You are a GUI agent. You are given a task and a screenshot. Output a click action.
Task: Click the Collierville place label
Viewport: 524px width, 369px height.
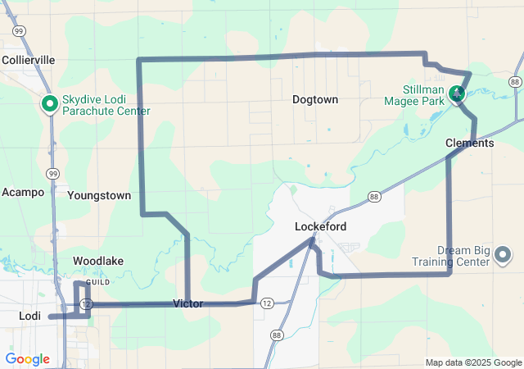pos(28,60)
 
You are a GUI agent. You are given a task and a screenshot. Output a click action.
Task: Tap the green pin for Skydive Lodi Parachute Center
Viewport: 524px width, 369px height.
pos(49,103)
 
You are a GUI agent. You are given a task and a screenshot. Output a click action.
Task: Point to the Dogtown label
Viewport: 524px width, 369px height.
pos(315,99)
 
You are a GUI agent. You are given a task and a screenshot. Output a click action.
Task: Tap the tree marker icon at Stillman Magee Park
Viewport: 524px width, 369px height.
pos(458,95)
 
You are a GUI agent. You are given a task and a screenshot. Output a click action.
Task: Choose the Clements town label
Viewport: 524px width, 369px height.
pos(470,143)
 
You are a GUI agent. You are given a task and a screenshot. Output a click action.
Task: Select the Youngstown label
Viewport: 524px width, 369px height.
pos(99,196)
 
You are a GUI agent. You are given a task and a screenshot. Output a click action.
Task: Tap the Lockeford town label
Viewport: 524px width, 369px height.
pos(321,226)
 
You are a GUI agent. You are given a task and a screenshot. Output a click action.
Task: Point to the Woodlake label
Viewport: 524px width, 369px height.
pos(98,261)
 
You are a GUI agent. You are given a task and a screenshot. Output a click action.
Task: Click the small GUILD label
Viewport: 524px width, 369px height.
pos(98,282)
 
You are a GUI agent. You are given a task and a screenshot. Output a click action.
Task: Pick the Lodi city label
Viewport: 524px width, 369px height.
pos(29,316)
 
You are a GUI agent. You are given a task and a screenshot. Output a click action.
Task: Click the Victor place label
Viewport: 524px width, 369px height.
pos(188,303)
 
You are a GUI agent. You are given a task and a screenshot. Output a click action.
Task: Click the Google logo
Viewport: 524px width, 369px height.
pos(28,359)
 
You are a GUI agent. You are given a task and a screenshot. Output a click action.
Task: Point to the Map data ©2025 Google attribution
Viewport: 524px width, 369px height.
pos(473,362)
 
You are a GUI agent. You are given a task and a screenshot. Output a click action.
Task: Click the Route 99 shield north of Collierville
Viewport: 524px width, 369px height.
pos(18,30)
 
